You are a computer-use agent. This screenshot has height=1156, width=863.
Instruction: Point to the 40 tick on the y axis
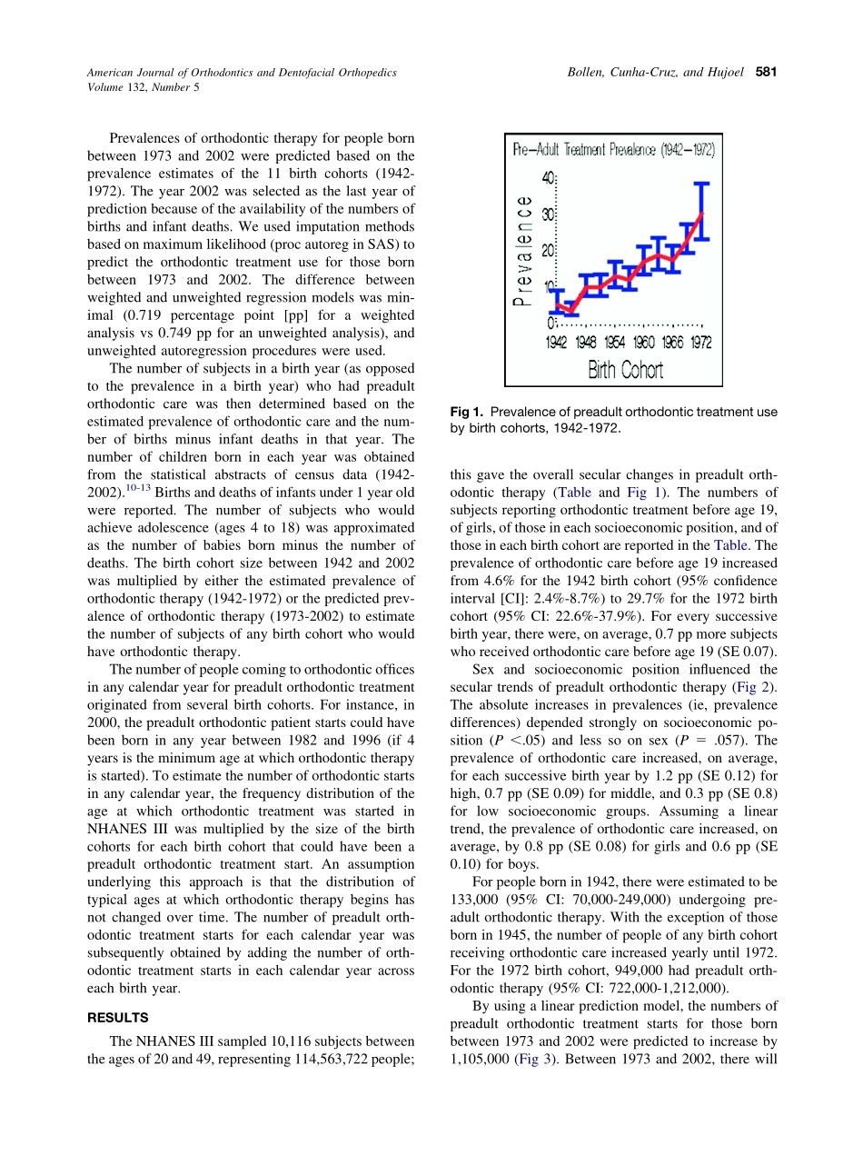tap(548, 179)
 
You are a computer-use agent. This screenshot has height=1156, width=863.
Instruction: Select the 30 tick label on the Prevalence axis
tap(548, 214)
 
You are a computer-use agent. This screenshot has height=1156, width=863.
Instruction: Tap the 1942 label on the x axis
tap(557, 343)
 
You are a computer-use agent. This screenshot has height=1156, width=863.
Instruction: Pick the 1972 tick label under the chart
tap(700, 343)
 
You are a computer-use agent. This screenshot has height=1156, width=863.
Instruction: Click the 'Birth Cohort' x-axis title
tap(626, 370)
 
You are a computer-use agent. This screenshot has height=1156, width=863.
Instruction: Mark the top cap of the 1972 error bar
tap(700, 184)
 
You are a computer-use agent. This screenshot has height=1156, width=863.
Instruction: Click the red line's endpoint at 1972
tap(700, 214)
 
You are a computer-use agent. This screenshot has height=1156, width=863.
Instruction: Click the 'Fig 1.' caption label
tap(465, 412)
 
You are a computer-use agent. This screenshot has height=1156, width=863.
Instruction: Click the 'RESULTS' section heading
tap(117, 1017)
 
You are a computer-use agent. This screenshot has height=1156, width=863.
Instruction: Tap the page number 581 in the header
tap(764, 72)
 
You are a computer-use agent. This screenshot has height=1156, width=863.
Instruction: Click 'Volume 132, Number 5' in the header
tap(144, 87)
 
